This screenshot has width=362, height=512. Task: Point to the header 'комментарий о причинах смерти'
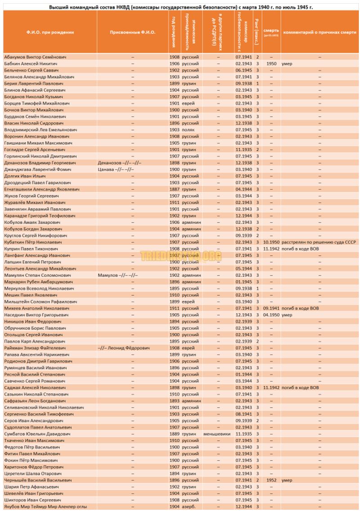pyautogui.click(x=320, y=32)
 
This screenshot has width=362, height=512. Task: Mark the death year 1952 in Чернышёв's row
pyautogui.click(x=271, y=480)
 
